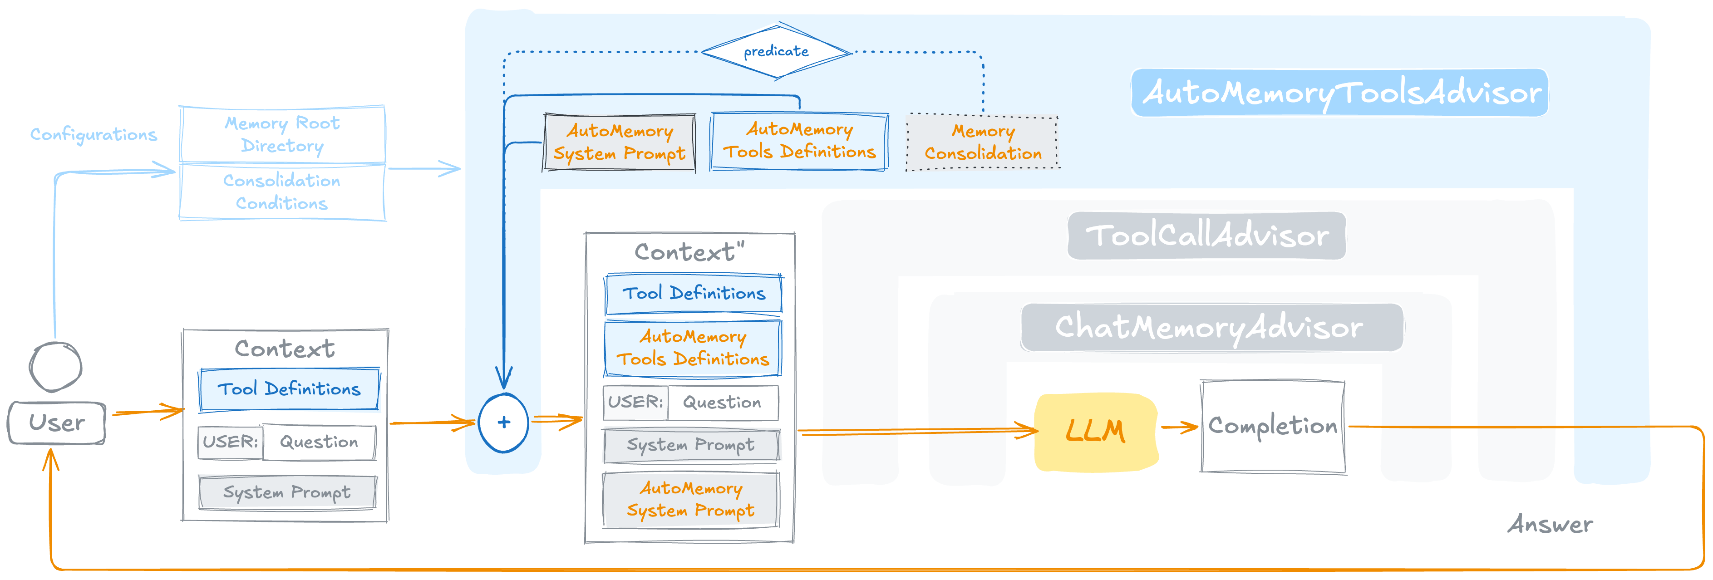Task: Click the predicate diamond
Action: [776, 52]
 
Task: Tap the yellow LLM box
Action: [1096, 431]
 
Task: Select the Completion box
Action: [1272, 426]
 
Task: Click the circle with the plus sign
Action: [503, 423]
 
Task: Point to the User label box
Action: [57, 423]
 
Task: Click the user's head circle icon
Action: [55, 367]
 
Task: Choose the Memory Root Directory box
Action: [282, 134]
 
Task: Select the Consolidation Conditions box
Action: [282, 192]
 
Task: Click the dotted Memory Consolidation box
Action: [982, 143]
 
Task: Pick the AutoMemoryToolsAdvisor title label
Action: [1341, 93]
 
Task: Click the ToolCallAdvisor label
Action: [1206, 236]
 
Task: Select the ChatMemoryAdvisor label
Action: [1210, 327]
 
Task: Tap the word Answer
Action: [1550, 524]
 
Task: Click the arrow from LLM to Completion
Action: [1179, 427]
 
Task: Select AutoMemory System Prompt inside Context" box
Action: [690, 500]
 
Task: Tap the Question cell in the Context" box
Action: [722, 403]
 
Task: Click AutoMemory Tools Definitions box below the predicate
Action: [799, 141]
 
